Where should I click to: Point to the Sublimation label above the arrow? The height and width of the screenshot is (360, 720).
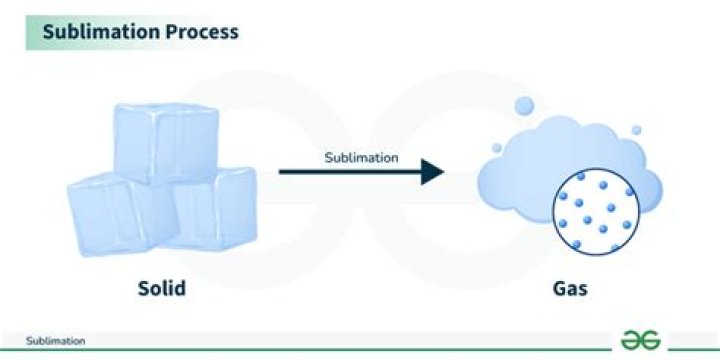[x=362, y=157]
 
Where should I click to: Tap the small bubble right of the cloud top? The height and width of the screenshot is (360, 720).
[x=636, y=129]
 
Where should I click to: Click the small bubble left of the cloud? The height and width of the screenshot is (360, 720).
[x=496, y=147]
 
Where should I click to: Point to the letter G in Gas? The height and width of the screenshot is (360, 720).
[x=557, y=290]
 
